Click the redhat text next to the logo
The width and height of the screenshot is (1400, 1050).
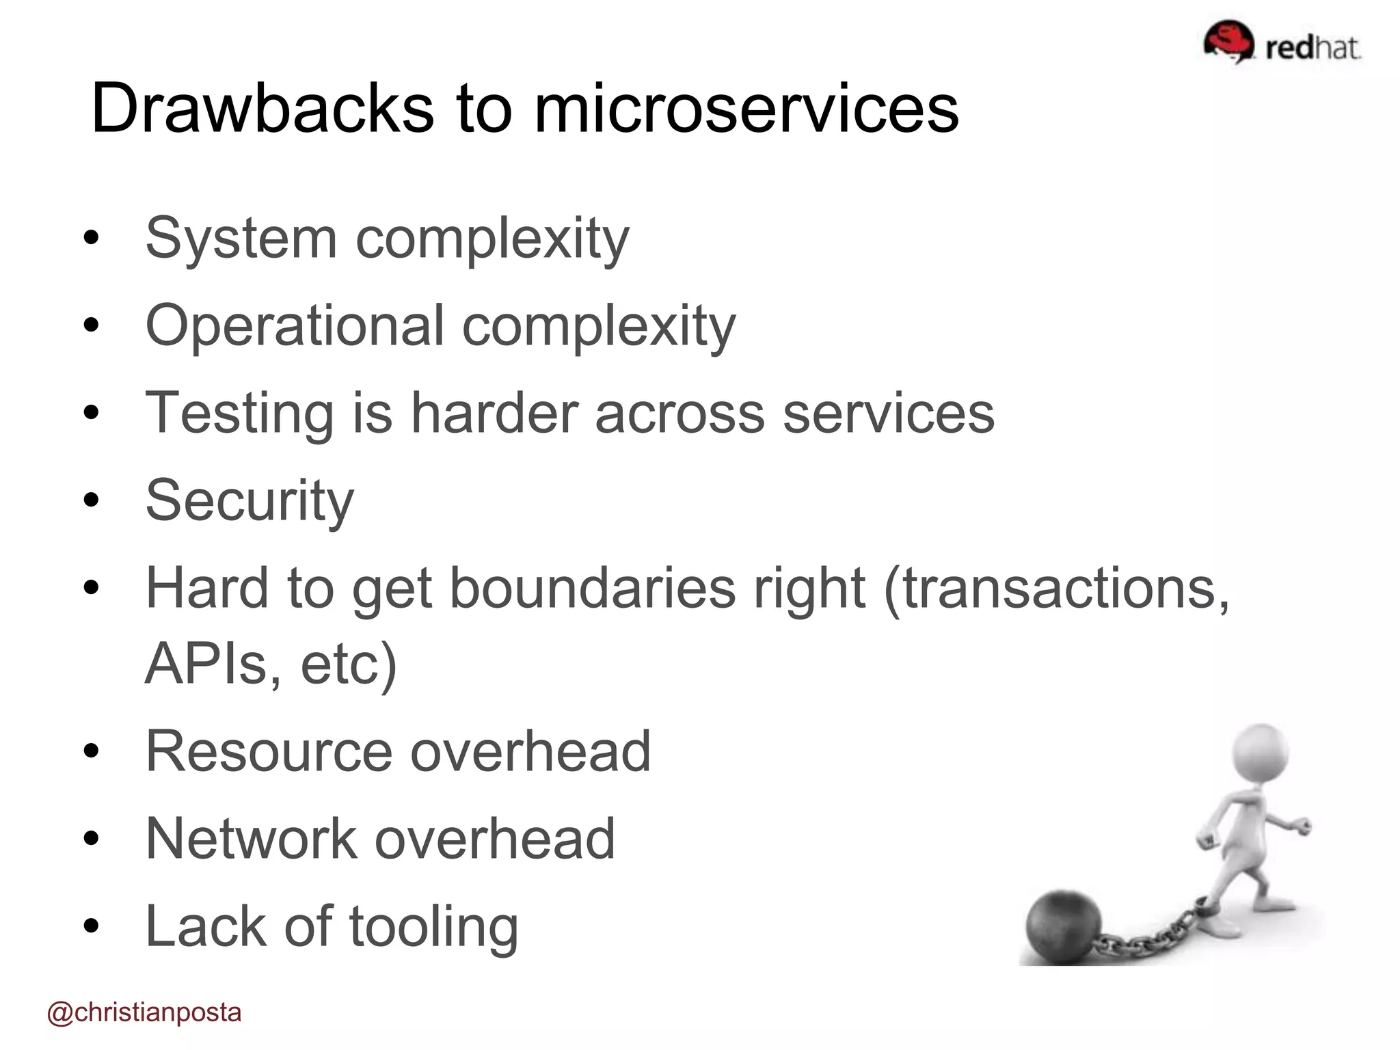pyautogui.click(x=1312, y=48)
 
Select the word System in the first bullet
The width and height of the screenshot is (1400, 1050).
pyautogui.click(x=241, y=239)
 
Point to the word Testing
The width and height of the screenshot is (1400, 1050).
pyautogui.click(x=239, y=414)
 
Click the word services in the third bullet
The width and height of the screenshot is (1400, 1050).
pyautogui.click(x=888, y=413)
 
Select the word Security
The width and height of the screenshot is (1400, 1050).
pyautogui.click(x=250, y=501)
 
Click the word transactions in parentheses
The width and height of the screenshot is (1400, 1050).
pyautogui.click(x=1056, y=589)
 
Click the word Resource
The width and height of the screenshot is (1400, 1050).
pyautogui.click(x=269, y=751)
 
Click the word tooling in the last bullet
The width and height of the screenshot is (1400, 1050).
pyautogui.click(x=433, y=927)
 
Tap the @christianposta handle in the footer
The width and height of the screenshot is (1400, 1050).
pyautogui.click(x=144, y=1012)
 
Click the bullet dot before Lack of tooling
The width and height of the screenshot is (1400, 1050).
pyautogui.click(x=91, y=926)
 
